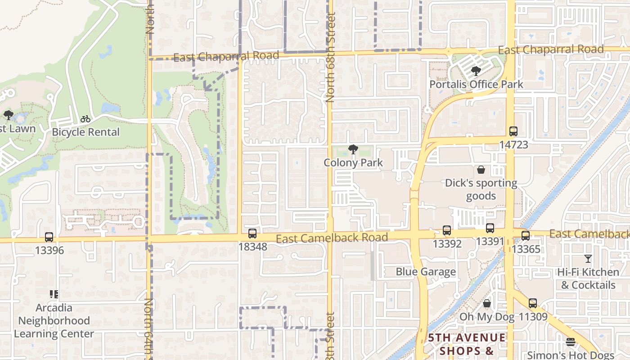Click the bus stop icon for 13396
[49, 237]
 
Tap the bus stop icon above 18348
[252, 234]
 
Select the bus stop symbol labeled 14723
[513, 131]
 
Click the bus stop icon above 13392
[447, 230]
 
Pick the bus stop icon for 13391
[490, 228]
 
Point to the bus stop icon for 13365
[525, 236]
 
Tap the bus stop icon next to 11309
[533, 303]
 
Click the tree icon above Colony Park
[353, 149]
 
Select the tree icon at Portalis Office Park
[476, 71]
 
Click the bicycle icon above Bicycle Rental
[85, 119]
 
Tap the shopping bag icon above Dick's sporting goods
[481, 170]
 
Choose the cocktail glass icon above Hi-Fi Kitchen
[588, 259]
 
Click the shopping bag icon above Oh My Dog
[486, 304]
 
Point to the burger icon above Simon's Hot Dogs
[571, 342]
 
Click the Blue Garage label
[426, 272]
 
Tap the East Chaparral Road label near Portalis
[551, 49]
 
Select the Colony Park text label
[353, 163]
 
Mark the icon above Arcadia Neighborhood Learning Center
[54, 295]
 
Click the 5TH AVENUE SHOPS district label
[467, 344]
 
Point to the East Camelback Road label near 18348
[332, 238]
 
